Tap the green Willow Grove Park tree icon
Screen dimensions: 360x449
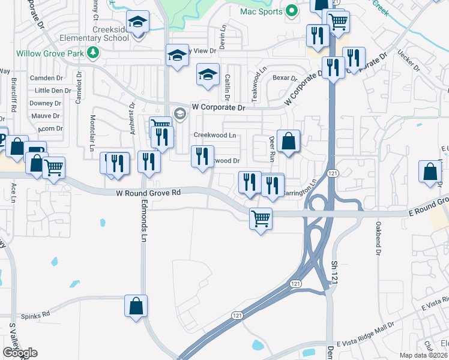tap(92, 53)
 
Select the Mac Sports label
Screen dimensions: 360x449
tap(261, 11)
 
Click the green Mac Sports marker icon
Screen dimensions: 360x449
tap(292, 11)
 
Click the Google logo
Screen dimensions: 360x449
tap(20, 353)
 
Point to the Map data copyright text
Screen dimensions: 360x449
tap(424, 355)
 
